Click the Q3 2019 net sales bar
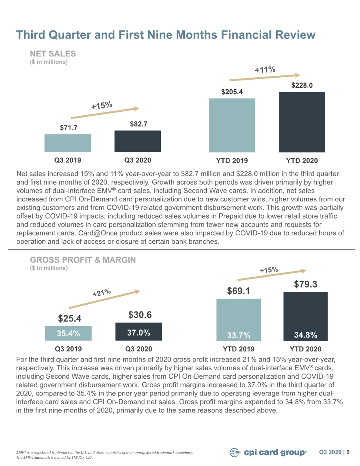click(x=68, y=143)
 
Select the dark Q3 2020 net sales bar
click(x=138, y=141)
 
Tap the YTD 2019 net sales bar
click(x=232, y=125)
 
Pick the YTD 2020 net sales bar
click(x=302, y=122)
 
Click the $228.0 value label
click(x=302, y=85)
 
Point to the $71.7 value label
click(x=69, y=128)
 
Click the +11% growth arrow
click(x=265, y=77)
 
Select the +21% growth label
click(x=102, y=292)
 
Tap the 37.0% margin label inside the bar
click(x=139, y=333)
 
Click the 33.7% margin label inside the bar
click(x=238, y=335)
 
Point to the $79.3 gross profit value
click(x=306, y=284)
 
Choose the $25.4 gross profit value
click(x=70, y=319)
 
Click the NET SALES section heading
click(x=53, y=54)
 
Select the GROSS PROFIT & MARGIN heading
click(x=83, y=260)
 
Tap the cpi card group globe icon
click(x=235, y=453)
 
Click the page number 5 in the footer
click(x=348, y=452)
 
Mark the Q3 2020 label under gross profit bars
click(x=138, y=349)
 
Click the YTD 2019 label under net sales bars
click(x=232, y=161)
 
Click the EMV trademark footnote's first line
click(x=104, y=453)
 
